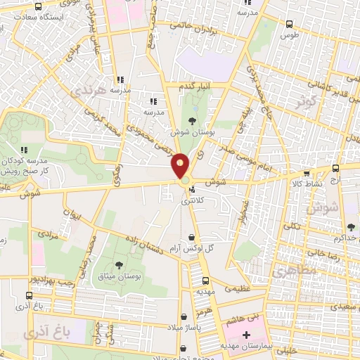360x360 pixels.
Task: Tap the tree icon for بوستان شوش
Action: (193, 120)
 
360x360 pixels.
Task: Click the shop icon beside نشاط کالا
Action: (306, 174)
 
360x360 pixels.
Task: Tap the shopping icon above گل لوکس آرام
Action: (192, 237)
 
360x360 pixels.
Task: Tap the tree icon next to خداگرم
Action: (350, 227)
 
